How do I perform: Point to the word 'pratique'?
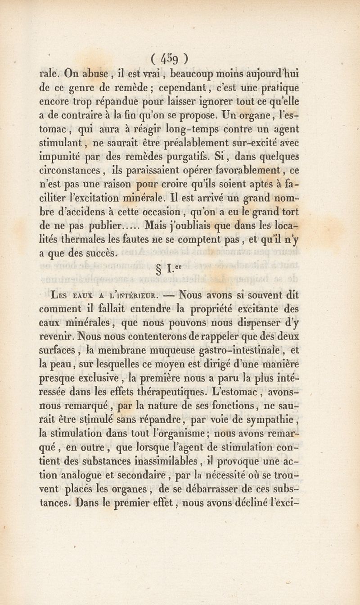[279, 87]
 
